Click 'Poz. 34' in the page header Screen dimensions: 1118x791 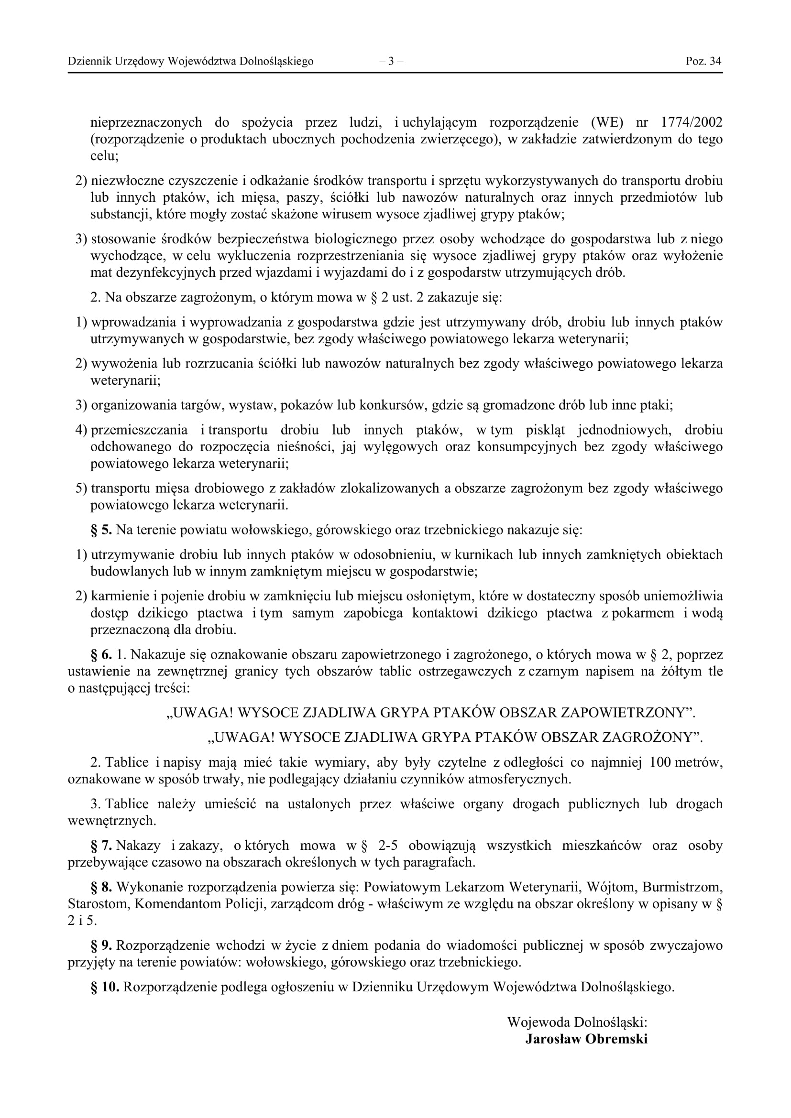(x=703, y=61)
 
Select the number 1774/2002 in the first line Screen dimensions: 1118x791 (x=692, y=122)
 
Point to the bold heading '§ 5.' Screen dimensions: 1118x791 (x=101, y=530)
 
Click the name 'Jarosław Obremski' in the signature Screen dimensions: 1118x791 (x=586, y=1039)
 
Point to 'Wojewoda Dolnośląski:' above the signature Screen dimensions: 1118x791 (x=577, y=1021)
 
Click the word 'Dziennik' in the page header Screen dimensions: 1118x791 (x=89, y=61)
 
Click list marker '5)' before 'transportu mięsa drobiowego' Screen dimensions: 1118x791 (x=81, y=488)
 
